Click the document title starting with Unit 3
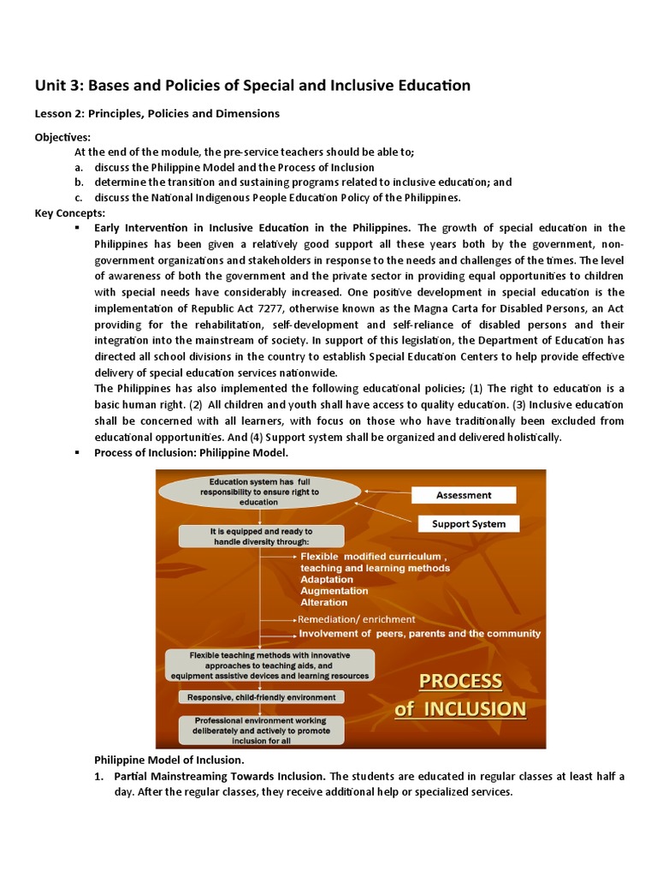pos(252,85)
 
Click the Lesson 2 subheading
pos(157,113)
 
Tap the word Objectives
pos(62,137)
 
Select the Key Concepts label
pos(70,212)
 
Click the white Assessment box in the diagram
pos(464,495)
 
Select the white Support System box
pos(469,523)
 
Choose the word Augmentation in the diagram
pos(334,590)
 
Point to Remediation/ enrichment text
pos(356,619)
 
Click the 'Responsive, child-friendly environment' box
pos(263,698)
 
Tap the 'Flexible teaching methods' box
pos(270,665)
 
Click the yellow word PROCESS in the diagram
pos(460,681)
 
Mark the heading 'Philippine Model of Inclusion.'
pos(169,761)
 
